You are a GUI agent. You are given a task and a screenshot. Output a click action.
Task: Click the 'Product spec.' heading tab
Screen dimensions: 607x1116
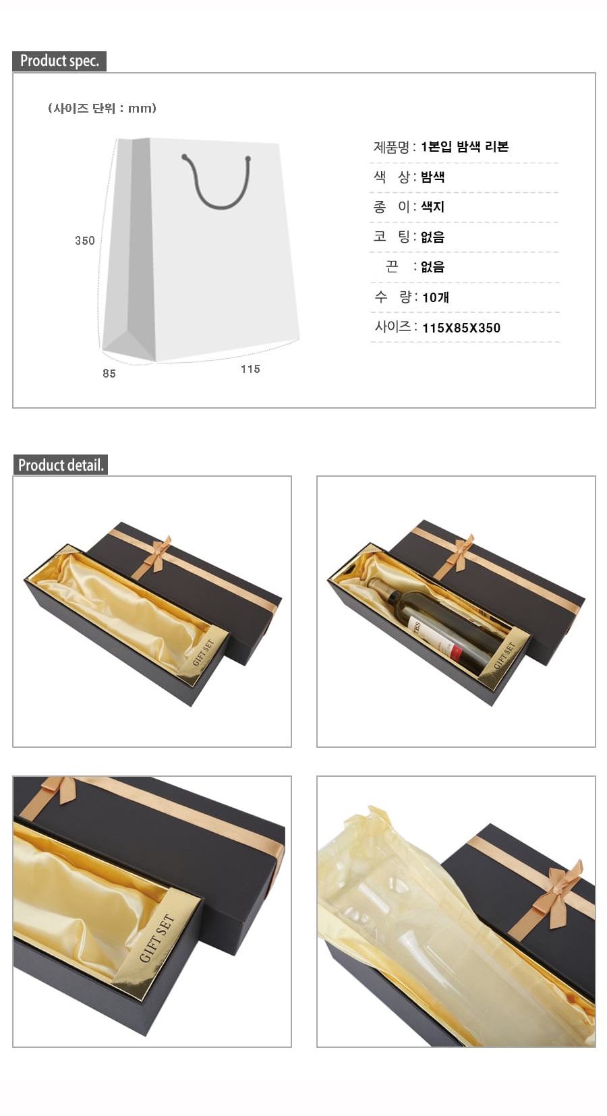59,61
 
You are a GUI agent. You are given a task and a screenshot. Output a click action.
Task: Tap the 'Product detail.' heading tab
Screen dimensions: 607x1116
60,465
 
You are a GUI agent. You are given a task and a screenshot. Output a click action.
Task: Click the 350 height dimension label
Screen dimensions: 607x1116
85,241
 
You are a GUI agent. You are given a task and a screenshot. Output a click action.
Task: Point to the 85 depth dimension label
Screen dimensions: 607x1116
109,373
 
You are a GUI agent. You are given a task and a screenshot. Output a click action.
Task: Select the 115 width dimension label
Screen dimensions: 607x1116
250,369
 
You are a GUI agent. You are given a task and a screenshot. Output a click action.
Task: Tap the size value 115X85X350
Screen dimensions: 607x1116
461,328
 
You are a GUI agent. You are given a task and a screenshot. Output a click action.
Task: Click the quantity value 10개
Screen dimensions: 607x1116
436,297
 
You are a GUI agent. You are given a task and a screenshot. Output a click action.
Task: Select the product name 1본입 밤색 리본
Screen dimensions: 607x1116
465,146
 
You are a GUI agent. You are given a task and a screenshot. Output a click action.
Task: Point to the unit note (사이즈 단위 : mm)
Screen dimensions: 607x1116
102,108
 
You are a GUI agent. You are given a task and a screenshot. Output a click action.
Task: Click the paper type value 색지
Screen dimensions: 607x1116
432,206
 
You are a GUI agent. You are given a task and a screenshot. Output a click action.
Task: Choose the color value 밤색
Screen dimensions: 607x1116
432,177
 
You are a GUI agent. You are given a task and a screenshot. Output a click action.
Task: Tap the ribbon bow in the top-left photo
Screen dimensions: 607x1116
156,554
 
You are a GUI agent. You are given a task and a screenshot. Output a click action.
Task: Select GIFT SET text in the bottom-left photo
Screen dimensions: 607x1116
156,939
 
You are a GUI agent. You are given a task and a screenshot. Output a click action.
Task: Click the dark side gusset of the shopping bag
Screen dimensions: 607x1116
140,248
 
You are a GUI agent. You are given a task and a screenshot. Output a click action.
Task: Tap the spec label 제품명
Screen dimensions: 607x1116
392,147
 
